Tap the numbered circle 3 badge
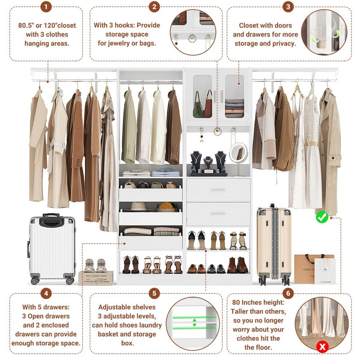pyautogui.click(x=288, y=7)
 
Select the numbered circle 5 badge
pyautogui.click(x=154, y=294)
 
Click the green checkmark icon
pyautogui.click(x=322, y=217)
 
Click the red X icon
pyautogui.click(x=322, y=346)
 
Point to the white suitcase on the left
pyautogui.click(x=52, y=249)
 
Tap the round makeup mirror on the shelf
pyautogui.click(x=238, y=154)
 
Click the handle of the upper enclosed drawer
pyautogui.click(x=218, y=190)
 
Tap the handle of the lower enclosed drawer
pyautogui.click(x=218, y=214)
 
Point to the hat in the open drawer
pyautogui.click(x=138, y=207)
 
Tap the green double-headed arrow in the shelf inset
pyautogui.click(x=194, y=322)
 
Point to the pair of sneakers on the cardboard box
pyautogui.click(x=95, y=265)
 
